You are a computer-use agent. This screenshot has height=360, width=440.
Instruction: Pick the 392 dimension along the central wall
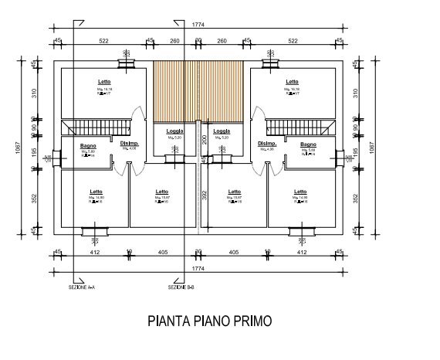coord(203,196)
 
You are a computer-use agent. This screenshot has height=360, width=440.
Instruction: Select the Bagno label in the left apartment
coord(88,144)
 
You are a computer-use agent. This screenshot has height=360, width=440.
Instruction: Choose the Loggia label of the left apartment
coord(174,131)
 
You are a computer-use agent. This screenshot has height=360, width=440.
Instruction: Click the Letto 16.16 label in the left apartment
coord(104,82)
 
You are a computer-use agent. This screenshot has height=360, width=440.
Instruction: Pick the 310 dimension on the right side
coord(356,93)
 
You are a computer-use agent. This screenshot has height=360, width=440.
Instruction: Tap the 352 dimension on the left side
coord(34,197)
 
